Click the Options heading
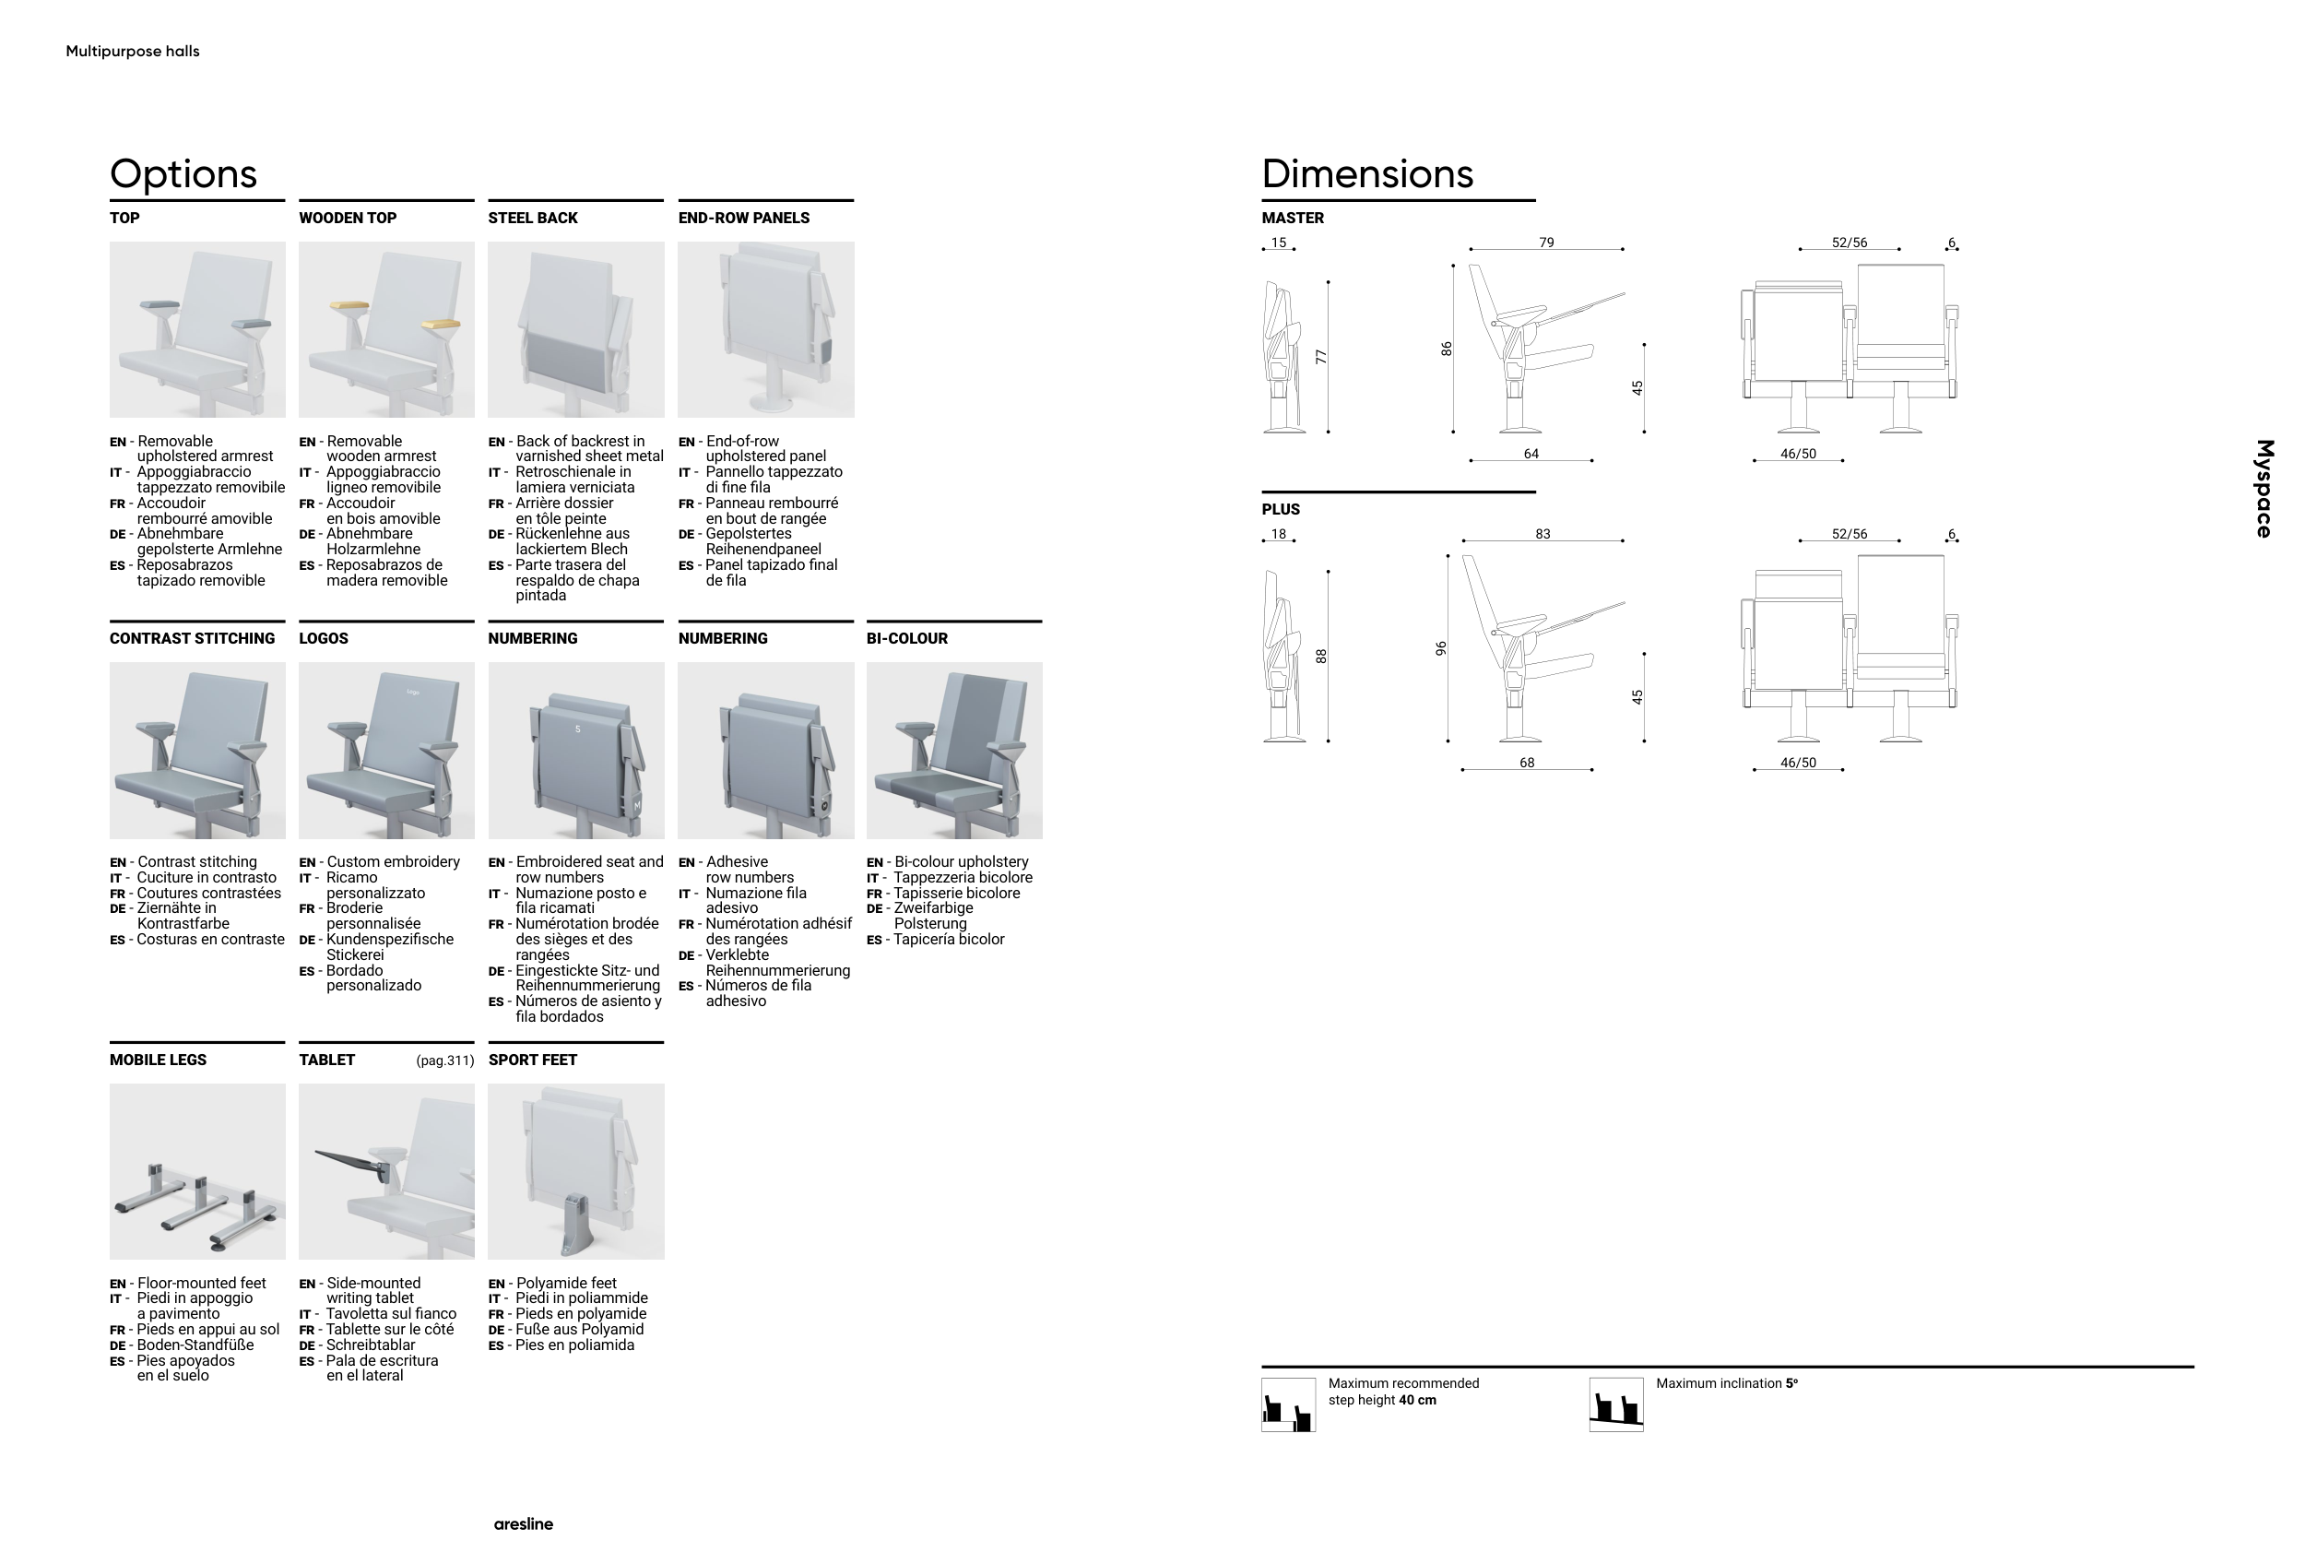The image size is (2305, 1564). (183, 173)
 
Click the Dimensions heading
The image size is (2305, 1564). (1366, 173)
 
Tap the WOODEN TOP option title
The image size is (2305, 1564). (348, 219)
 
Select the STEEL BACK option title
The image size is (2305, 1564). (533, 219)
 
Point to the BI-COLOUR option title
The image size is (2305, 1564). (906, 639)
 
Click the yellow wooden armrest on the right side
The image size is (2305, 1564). (441, 324)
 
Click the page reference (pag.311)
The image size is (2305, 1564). (444, 1060)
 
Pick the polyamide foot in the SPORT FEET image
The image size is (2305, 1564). (576, 1225)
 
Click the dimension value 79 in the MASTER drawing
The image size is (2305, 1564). (1546, 243)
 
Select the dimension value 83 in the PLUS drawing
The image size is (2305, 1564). (1543, 535)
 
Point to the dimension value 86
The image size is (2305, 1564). (1447, 350)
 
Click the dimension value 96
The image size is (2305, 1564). (1441, 648)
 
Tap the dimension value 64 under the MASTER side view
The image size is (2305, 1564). (1531, 455)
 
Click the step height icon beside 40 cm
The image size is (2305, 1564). (1288, 1404)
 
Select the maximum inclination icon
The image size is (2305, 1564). (1615, 1404)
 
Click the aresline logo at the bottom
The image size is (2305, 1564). (524, 1524)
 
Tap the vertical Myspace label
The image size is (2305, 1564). (2264, 489)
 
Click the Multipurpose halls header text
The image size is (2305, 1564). (133, 52)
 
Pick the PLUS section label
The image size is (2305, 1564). (1281, 510)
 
